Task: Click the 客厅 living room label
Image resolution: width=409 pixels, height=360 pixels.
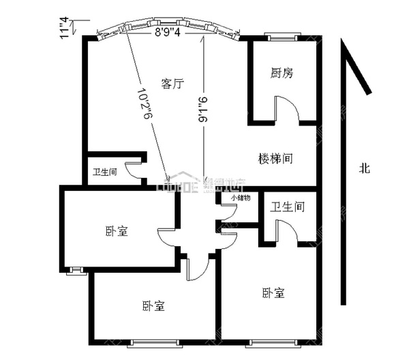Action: coord(173,84)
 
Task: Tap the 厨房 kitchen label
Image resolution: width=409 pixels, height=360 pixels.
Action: coord(282,73)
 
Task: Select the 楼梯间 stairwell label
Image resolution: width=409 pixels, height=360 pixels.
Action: coord(276,159)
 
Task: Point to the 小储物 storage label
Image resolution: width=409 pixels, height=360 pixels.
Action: coord(240,198)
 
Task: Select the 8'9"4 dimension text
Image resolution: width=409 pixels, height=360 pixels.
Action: coord(168,31)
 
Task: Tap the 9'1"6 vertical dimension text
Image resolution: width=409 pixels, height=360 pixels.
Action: coord(201,109)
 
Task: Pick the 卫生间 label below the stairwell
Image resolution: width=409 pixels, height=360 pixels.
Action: coord(286,207)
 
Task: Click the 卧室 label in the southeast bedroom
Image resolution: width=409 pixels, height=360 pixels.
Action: coord(273,293)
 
